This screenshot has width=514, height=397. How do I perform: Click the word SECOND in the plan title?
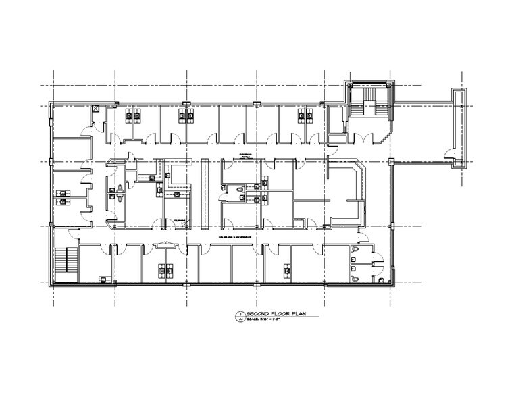point(258,315)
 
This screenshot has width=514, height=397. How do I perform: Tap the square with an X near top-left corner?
point(96,108)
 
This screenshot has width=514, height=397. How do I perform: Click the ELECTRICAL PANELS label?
point(232,155)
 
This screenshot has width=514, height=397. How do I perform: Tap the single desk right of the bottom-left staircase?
point(102,278)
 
